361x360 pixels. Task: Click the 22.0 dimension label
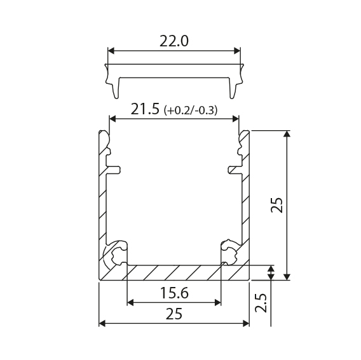[x=174, y=41]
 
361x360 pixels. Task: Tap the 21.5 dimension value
[x=145, y=109]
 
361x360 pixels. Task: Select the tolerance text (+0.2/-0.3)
[x=191, y=110]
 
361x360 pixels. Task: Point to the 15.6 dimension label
[x=174, y=293]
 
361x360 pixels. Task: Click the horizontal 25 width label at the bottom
[x=174, y=314]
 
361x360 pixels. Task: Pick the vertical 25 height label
[x=276, y=205]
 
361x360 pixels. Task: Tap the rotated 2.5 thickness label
[x=261, y=302]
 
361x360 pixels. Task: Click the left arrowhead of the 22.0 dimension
[x=111, y=51]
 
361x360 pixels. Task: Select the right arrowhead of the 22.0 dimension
[x=237, y=51]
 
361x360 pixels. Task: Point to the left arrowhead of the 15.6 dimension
[x=130, y=303]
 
